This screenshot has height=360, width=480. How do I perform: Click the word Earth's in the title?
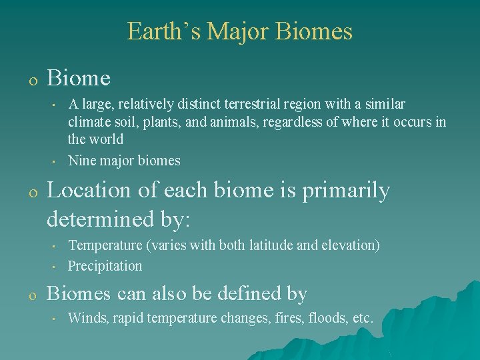164,31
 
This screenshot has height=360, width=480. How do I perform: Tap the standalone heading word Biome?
79,77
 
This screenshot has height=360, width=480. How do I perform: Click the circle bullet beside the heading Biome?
33,81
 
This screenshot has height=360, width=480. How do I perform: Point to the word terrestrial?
252,104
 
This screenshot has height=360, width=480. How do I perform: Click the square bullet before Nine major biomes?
53,161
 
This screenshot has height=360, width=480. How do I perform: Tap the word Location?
89,190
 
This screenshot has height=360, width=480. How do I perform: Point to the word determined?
100,218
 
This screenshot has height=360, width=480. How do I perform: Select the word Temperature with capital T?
105,245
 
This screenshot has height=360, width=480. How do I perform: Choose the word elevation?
351,245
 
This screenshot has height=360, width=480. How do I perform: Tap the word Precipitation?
105,266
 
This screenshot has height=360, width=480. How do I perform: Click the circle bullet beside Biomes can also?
33,296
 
